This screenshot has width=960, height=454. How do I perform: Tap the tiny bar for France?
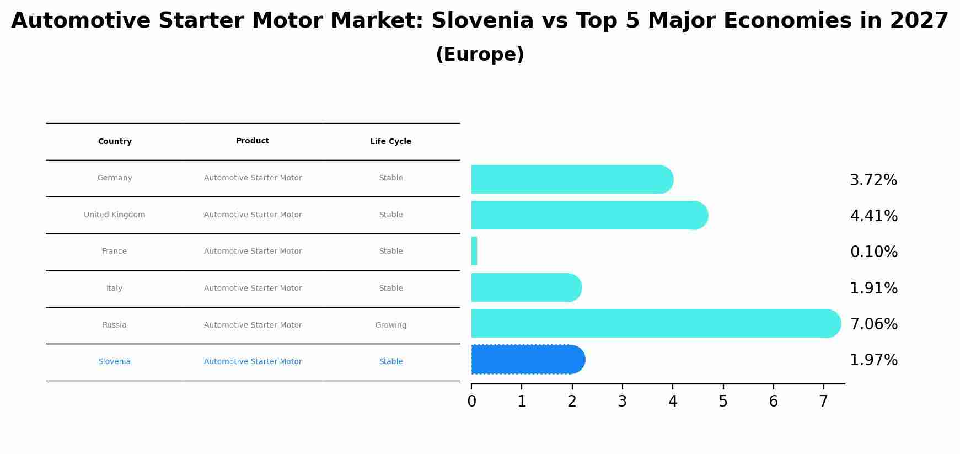pos(474,251)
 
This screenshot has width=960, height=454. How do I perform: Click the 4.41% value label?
pos(873,216)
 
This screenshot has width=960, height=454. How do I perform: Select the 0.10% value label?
pos(873,252)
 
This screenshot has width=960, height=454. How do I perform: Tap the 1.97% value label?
pos(873,360)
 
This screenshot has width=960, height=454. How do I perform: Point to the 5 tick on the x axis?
pos(723,402)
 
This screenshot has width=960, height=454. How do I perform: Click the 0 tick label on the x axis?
pos(471,402)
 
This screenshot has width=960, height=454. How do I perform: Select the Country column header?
pos(115,142)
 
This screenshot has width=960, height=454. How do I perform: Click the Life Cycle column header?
pos(390,142)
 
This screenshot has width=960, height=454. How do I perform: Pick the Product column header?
pos(253,141)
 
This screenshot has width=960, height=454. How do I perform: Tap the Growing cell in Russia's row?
pos(390,325)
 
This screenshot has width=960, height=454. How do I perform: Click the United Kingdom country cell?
pos(115,215)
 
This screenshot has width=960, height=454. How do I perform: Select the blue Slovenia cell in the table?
pos(115,362)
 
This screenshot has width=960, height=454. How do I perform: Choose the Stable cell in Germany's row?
pos(390,178)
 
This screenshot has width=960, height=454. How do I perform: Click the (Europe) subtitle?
pos(480,55)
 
